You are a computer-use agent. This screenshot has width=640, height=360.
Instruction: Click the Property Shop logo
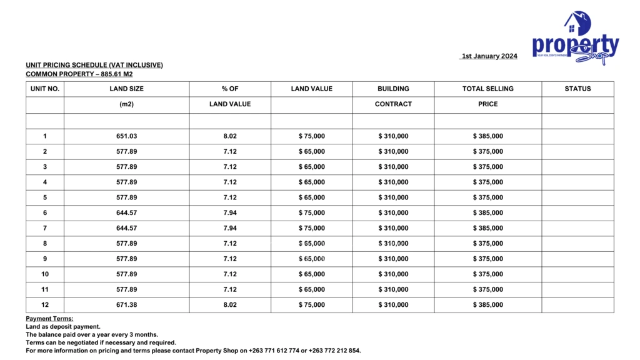575,39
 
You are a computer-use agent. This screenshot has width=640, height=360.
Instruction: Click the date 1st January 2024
489,56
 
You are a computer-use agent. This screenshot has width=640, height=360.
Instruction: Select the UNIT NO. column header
45,89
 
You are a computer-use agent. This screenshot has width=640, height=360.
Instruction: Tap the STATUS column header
577,89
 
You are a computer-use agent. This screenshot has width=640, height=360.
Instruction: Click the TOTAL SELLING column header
487,89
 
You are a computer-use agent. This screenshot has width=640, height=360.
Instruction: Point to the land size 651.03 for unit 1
126,136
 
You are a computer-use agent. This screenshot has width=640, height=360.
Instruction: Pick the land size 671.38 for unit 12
126,305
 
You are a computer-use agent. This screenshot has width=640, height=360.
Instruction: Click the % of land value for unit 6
230,213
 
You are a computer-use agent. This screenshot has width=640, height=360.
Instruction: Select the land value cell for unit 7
312,228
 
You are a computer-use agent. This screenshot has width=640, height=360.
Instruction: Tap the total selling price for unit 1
488,136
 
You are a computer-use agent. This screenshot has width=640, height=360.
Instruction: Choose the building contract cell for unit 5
393,197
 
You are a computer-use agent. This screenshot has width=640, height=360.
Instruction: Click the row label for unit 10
45,274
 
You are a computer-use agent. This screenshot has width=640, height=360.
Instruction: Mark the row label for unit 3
45,167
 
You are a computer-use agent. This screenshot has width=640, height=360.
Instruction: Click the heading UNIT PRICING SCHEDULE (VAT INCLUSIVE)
94,65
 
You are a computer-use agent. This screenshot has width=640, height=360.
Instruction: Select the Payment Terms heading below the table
49,319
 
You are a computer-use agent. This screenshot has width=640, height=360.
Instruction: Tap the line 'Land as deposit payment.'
63,326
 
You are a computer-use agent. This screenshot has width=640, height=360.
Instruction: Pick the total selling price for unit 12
488,305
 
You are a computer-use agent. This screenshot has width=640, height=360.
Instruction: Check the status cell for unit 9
577,259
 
